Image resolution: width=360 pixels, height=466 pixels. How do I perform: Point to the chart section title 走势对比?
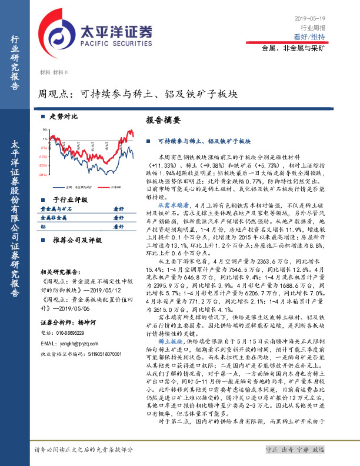pos(64,116)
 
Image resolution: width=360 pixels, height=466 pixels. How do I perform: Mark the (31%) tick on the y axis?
pos(44,174)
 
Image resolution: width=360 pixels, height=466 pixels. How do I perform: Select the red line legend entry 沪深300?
pos(115,187)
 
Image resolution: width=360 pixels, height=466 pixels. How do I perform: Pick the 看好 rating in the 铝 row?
pos(118,226)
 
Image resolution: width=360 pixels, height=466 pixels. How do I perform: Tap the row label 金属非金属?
pos(52,217)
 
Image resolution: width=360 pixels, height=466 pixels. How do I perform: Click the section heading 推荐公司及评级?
pos(74,240)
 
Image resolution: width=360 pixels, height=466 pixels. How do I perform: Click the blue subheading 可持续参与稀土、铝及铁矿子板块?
pos(205,142)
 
